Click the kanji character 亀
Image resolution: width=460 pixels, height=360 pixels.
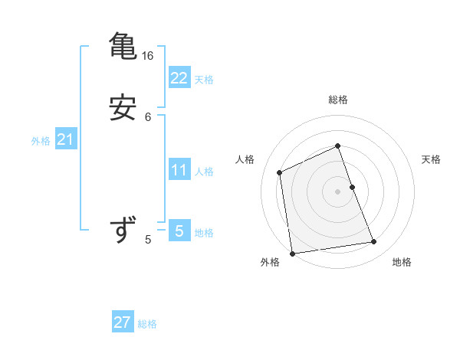click(123, 47)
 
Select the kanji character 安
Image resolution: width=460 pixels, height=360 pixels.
click(123, 108)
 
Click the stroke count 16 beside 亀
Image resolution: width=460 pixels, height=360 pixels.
click(148, 56)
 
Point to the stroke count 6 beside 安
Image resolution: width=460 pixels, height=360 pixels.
click(148, 117)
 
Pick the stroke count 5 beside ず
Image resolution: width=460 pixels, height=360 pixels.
click(148, 240)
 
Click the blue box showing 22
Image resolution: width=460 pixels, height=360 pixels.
click(179, 77)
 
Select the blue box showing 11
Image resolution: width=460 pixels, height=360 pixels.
click(179, 169)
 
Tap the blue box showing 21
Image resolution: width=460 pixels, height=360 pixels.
click(65, 139)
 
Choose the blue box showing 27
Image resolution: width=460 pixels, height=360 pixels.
click(123, 322)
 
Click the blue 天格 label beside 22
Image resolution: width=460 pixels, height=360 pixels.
click(204, 80)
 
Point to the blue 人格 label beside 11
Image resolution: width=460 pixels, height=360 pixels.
click(204, 172)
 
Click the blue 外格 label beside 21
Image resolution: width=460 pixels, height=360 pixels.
click(41, 141)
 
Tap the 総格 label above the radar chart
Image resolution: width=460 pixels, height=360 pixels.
click(338, 100)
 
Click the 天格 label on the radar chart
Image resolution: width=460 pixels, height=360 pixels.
click(432, 159)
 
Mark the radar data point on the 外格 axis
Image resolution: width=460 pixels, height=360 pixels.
click(292, 253)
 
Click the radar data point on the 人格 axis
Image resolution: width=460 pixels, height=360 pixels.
click(280, 172)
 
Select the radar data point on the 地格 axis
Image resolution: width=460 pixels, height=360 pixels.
click(374, 242)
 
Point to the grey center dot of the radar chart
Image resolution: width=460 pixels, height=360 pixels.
click(338, 191)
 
